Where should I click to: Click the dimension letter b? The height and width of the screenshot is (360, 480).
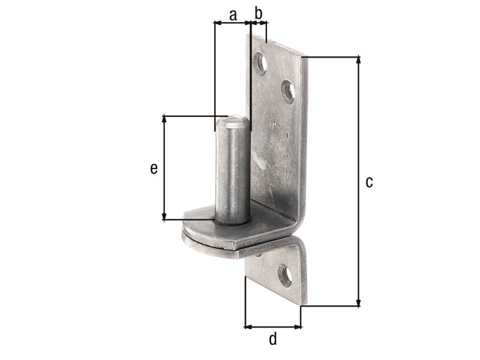pyautogui.click(x=259, y=13)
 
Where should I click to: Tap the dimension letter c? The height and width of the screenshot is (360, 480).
pyautogui.click(x=369, y=182)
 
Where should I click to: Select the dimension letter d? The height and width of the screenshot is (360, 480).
pyautogui.click(x=273, y=339)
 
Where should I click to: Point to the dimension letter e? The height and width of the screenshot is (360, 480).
pyautogui.click(x=154, y=169)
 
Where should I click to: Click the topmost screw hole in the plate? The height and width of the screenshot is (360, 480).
pyautogui.click(x=260, y=64)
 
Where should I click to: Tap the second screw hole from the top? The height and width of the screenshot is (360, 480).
pyautogui.click(x=288, y=92)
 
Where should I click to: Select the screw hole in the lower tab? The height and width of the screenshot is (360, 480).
pyautogui.click(x=284, y=276)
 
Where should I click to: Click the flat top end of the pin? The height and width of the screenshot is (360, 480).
pyautogui.click(x=232, y=122)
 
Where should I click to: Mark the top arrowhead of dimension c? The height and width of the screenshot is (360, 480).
pyautogui.click(x=358, y=59)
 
